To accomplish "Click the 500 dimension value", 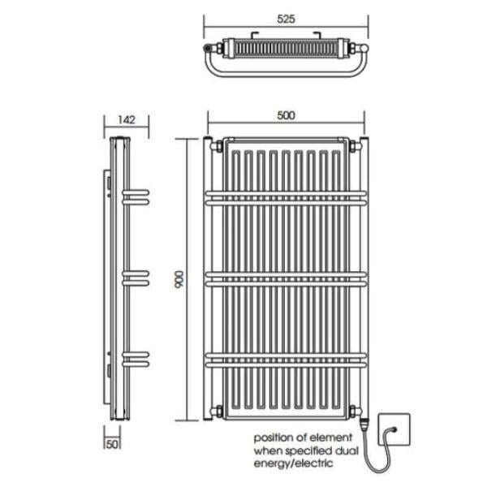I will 285,115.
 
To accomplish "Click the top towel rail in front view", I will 285,197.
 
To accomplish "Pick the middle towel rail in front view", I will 285,278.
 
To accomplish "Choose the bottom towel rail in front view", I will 285,358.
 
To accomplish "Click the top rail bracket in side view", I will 136,196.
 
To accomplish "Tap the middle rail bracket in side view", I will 136,277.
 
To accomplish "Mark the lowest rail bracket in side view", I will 136,357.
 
